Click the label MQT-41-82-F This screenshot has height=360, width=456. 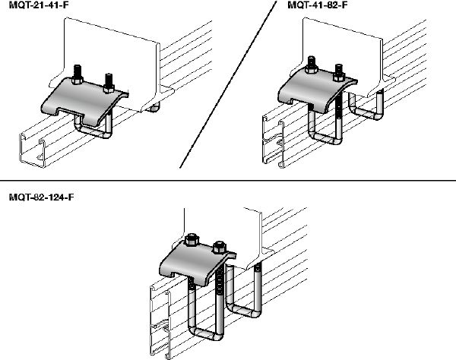tap(313, 7)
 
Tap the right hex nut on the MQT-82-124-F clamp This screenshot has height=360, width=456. tap(220, 248)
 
